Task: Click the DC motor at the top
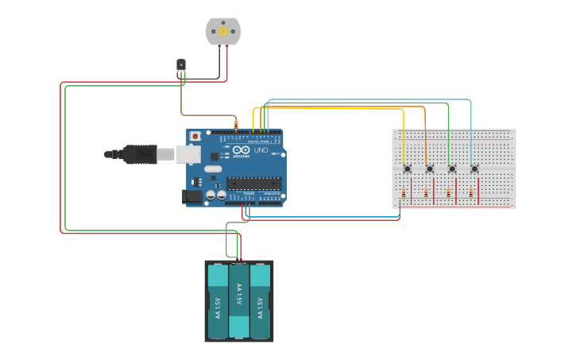tap(223, 32)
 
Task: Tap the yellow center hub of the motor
tap(223, 31)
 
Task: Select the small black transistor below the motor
tap(181, 64)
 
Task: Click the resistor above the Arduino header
tap(236, 124)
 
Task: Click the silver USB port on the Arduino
tap(187, 154)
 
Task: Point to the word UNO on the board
tap(261, 149)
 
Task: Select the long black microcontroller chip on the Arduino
tap(253, 183)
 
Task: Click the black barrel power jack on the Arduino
tap(192, 195)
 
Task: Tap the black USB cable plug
tap(140, 154)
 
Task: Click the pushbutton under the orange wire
tap(430, 168)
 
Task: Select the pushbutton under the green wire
tap(452, 168)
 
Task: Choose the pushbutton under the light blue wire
tap(474, 168)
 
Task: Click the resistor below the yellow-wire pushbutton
tap(404, 193)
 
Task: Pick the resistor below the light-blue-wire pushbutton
tap(470, 193)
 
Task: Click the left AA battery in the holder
tap(218, 302)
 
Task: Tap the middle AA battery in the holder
tap(239, 300)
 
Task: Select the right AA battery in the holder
tap(261, 302)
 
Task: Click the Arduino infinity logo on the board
tap(239, 149)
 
